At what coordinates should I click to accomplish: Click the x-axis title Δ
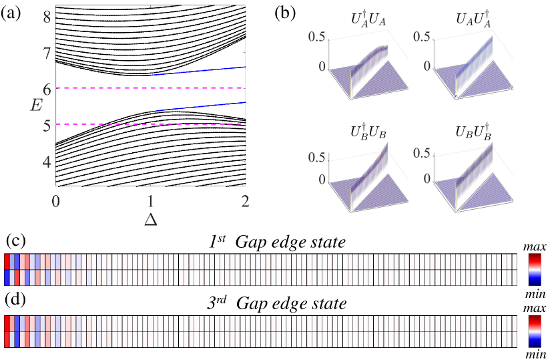point(151,217)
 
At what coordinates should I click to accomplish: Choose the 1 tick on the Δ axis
point(152,199)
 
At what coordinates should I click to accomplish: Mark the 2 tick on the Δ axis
point(246,199)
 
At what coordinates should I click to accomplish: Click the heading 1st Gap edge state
point(276,242)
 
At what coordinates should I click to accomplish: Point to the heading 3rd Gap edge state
point(276,304)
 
